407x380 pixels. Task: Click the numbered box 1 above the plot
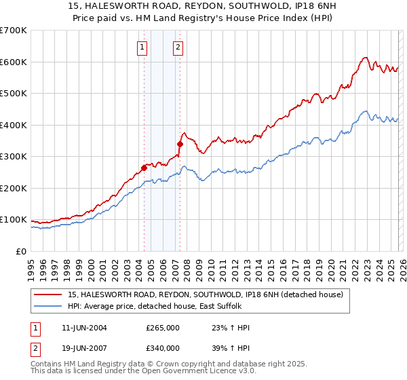point(142,47)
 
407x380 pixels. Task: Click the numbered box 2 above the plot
point(178,47)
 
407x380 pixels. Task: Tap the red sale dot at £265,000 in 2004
point(144,168)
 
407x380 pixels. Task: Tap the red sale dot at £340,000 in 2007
point(180,144)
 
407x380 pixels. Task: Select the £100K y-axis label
point(14,220)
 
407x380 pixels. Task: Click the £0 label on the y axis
point(20,251)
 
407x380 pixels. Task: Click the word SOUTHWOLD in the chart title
point(255,5)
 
